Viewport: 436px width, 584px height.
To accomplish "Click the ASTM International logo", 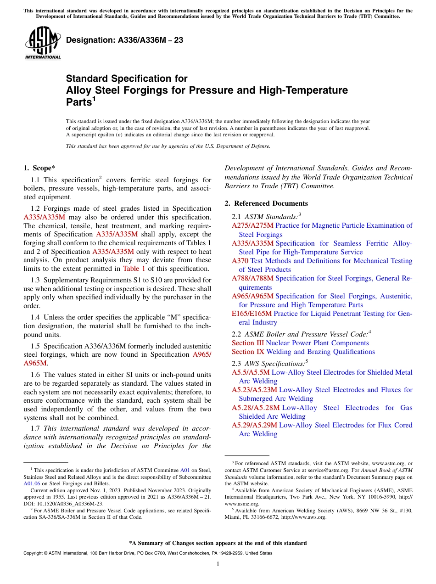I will pos(43,44).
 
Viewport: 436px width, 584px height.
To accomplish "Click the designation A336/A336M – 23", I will pos(125,40).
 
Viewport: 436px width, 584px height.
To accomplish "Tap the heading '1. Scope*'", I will pos(40,168).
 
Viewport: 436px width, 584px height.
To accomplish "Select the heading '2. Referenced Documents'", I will pos(266,203).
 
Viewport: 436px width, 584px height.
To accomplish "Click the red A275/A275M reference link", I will pos(252,225).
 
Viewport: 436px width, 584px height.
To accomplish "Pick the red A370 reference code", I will pos(240,261).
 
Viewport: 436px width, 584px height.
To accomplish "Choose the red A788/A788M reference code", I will pos(252,278).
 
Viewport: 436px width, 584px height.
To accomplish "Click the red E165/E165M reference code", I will pos(252,314).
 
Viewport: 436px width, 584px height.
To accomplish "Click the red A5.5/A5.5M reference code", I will pos(251,372).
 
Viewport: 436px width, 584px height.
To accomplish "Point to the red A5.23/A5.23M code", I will pos(254,390).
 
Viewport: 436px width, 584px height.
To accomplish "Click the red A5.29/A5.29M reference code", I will pos(254,425).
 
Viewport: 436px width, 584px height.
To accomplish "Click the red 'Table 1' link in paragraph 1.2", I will pos(134,269).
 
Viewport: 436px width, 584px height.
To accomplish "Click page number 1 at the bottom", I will pos(218,564).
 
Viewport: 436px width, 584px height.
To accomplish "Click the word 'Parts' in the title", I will pos(79,102).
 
